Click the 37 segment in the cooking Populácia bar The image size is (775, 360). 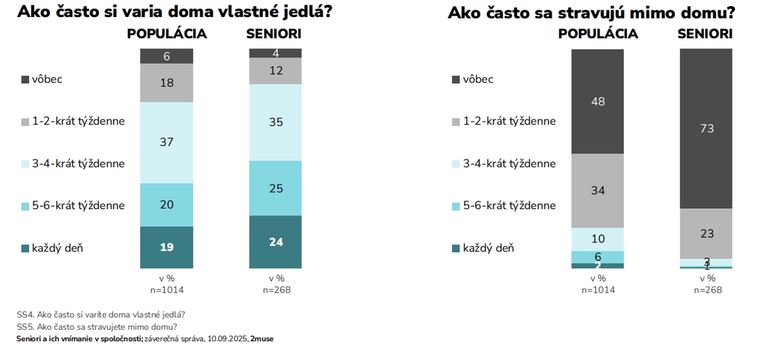click(x=166, y=142)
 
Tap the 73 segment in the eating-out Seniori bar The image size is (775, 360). click(x=706, y=128)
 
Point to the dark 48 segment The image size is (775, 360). click(x=597, y=101)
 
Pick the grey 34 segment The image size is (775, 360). click(x=597, y=190)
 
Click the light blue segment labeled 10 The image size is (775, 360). click(x=597, y=239)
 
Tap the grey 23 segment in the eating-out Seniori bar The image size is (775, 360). click(x=706, y=233)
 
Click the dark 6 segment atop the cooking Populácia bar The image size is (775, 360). click(x=166, y=56)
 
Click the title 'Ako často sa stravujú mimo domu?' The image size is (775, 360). click(x=591, y=13)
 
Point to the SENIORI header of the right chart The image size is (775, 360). click(x=705, y=34)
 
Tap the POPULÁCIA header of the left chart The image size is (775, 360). click(x=167, y=34)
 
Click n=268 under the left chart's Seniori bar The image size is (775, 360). click(x=277, y=290)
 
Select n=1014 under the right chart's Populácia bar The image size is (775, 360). click(x=598, y=290)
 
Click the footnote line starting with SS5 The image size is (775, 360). click(x=96, y=327)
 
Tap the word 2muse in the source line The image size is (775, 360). click(x=262, y=339)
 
